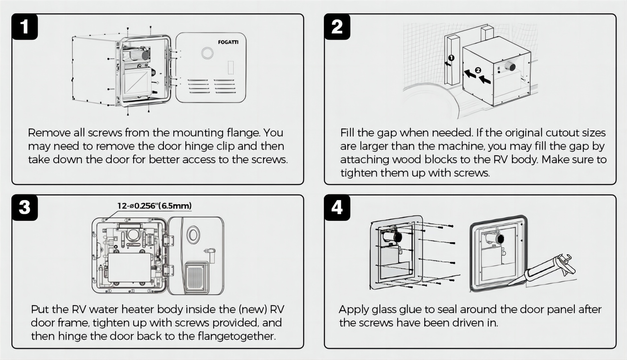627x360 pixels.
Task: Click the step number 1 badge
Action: [24, 27]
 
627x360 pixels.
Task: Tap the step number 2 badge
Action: [337, 27]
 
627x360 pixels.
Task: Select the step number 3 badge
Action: [24, 207]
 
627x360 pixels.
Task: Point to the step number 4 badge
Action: [337, 207]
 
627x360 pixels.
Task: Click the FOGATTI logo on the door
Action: [228, 42]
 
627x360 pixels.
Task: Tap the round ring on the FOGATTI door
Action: [207, 53]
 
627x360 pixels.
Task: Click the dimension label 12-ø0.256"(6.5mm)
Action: [154, 205]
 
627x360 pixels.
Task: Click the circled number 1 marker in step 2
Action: [451, 58]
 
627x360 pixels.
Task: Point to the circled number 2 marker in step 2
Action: [478, 70]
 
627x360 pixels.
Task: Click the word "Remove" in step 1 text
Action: [49, 133]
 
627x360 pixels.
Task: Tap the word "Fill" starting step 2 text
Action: [347, 133]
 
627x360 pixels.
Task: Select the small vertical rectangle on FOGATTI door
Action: [231, 67]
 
